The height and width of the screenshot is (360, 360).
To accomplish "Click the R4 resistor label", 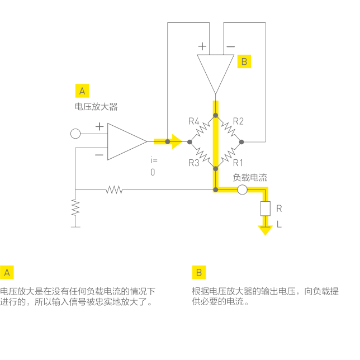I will point(193,121).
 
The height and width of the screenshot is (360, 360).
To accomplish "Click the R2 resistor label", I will point(238,121).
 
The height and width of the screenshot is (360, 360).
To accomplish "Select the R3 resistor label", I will point(193,163).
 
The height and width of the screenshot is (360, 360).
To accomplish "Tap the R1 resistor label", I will point(238,163).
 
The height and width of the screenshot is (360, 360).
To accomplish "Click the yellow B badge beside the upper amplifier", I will point(244,61).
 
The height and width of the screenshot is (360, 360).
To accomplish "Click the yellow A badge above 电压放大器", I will point(82,91).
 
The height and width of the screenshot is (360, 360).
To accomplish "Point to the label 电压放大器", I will point(96,106).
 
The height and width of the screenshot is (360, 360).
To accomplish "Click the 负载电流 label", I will point(250,178).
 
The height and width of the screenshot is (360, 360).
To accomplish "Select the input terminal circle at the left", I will point(75,134).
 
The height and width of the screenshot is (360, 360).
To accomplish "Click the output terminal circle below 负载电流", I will point(242,190).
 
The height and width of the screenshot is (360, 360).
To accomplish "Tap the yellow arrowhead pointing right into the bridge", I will point(177,141).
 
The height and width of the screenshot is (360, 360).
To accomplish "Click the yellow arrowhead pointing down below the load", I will point(264,230).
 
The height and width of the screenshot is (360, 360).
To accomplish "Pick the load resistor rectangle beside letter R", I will point(264,209).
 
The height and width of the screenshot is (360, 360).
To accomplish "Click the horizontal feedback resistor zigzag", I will point(114,190).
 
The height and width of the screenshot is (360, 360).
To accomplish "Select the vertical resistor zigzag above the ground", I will point(75,207).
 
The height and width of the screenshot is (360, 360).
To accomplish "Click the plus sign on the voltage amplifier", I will point(100,127).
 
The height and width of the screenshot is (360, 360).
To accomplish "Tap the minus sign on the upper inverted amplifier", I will point(230,46).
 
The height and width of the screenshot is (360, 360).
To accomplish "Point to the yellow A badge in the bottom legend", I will point(7,272).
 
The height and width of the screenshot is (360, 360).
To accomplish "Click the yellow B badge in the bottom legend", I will point(198,272).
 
